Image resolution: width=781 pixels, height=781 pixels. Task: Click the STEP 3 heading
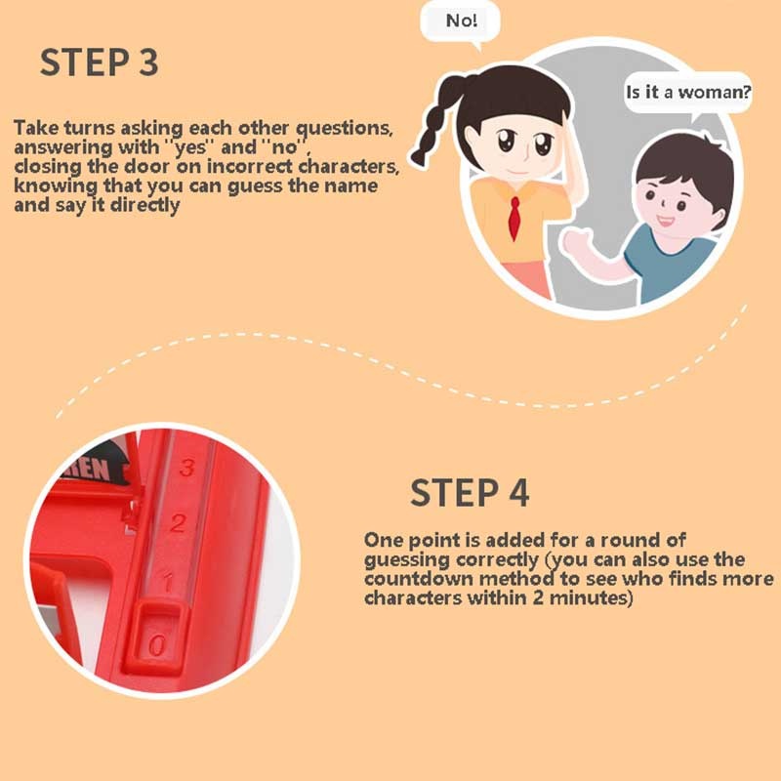(x=100, y=62)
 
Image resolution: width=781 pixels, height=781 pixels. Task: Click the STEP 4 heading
(x=470, y=493)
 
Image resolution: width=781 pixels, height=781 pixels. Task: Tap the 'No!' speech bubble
(x=460, y=23)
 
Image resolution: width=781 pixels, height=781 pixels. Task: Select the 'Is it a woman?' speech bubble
(x=688, y=93)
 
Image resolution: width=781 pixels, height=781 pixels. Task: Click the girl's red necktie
(x=514, y=218)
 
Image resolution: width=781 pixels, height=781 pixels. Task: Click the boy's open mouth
(x=665, y=221)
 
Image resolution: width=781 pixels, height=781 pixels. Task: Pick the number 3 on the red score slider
(x=186, y=468)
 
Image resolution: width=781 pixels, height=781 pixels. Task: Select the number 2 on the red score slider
(x=178, y=522)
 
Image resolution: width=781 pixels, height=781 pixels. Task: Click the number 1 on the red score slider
(x=168, y=582)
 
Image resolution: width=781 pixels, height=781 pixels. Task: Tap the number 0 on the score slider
(x=156, y=645)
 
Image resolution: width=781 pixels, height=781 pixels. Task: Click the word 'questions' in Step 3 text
(x=344, y=129)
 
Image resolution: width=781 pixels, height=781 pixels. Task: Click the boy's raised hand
(x=577, y=241)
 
